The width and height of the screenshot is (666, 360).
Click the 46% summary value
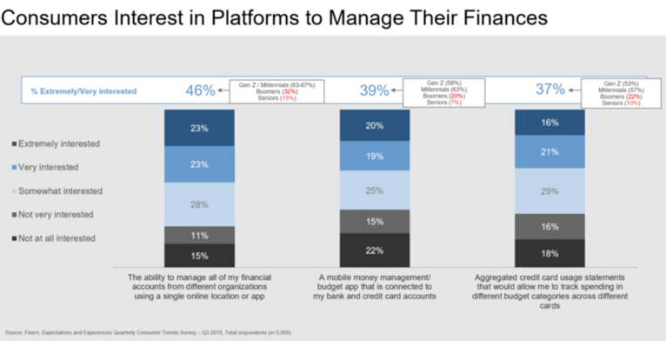200,90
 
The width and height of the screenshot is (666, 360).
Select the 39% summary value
374,90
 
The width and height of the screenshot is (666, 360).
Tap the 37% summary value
550,90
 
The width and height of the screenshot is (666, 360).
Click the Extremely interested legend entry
58,143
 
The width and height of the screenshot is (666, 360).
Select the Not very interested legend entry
57,214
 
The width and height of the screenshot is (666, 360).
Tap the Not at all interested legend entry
58,238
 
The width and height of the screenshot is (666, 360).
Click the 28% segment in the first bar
200,203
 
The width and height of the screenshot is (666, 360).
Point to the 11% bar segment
200,235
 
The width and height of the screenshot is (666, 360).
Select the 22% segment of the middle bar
374,250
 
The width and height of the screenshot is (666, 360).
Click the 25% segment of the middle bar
374,190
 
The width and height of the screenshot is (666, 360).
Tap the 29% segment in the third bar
549,190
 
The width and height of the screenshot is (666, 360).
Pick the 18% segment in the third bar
549,253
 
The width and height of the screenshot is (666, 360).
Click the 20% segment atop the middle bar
374,125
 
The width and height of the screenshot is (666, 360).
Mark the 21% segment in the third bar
549,151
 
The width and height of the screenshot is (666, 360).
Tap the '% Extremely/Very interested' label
84,90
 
